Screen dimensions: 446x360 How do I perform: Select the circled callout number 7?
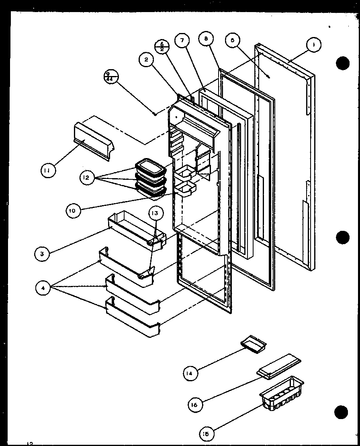[182, 41]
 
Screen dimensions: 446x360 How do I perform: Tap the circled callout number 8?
[206, 39]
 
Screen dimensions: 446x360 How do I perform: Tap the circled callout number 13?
[155, 213]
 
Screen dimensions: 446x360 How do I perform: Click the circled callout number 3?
[42, 253]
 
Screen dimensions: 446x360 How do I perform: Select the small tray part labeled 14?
[254, 342]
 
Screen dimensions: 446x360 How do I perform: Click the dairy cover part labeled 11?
[93, 141]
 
